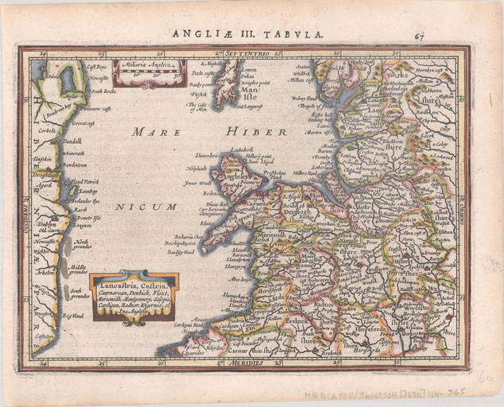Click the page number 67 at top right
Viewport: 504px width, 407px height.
click(419, 35)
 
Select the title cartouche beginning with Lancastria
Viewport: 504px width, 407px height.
click(133, 296)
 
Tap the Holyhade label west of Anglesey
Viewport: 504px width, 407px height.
click(196, 168)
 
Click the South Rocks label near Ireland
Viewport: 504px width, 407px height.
click(102, 91)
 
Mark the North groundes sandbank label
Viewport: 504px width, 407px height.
click(83, 243)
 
